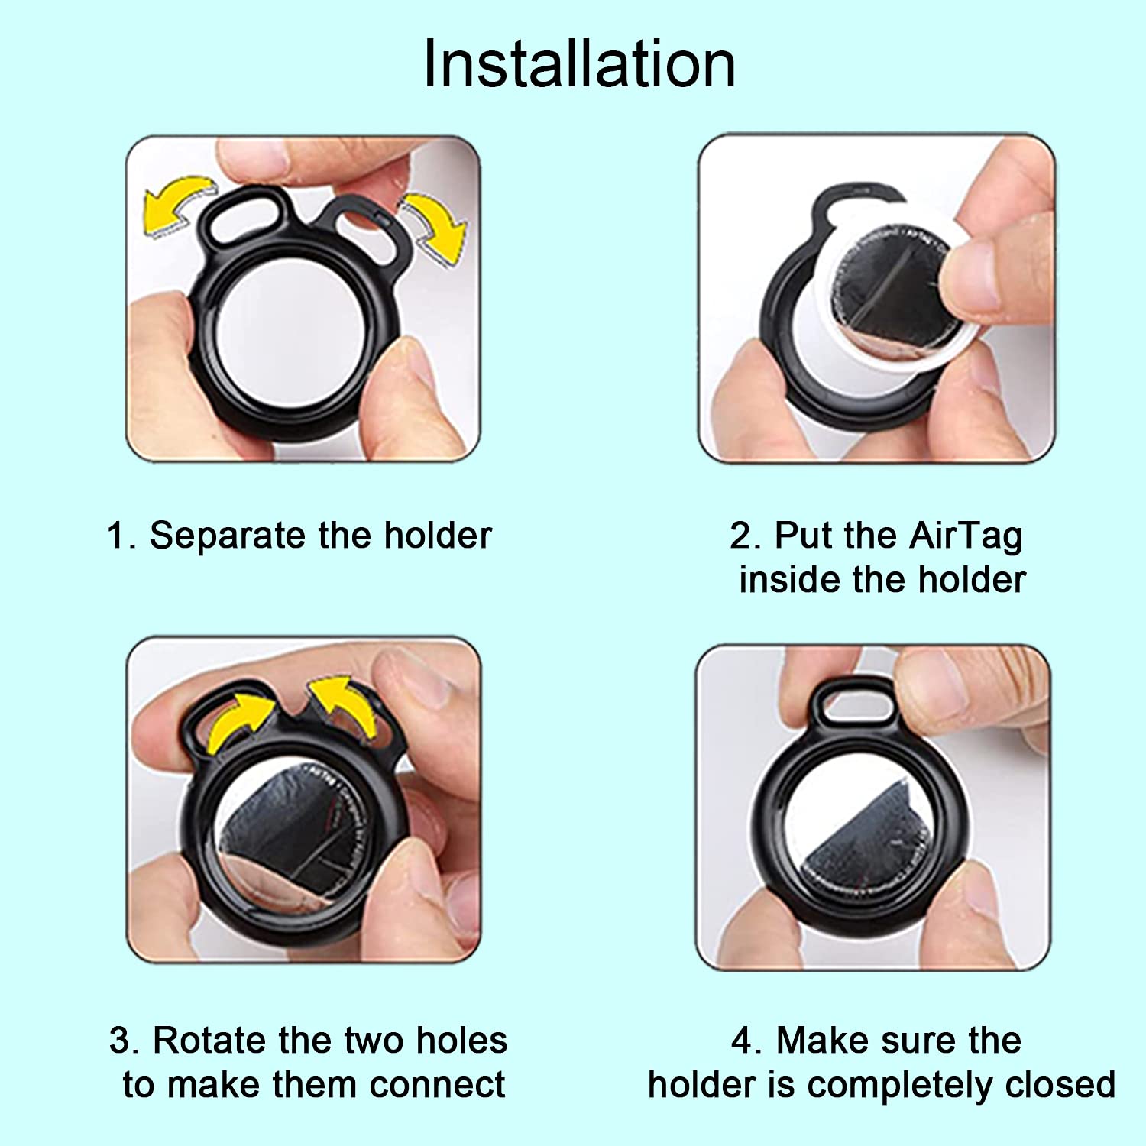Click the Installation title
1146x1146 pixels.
[579, 64]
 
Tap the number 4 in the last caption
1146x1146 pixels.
[742, 1041]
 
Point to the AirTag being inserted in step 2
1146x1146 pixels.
[886, 298]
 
